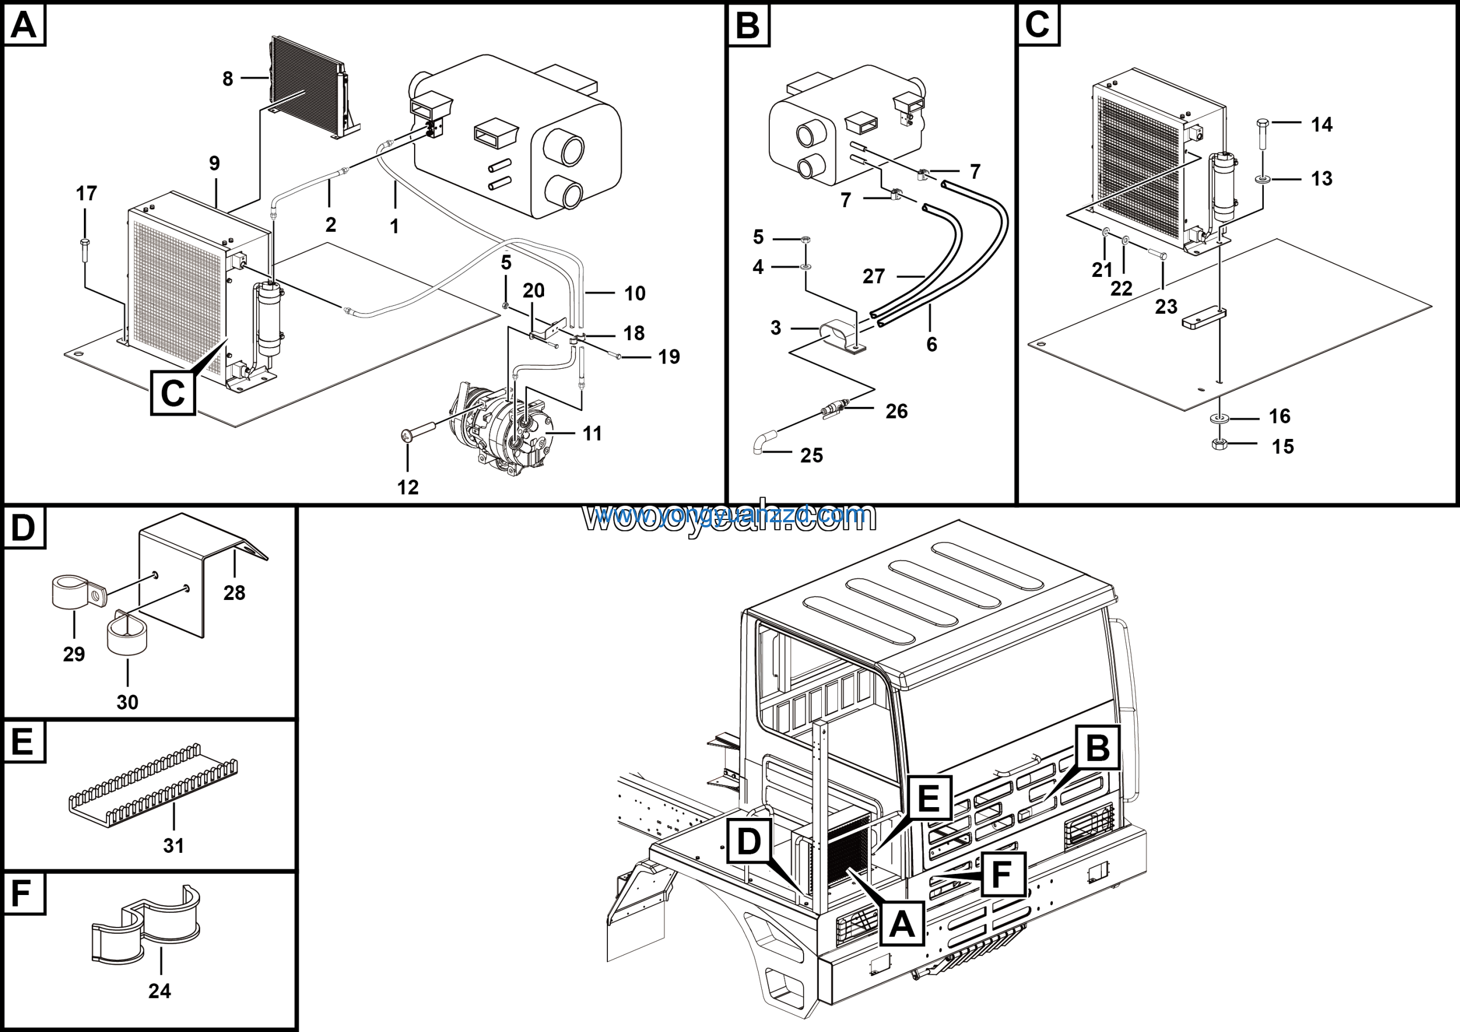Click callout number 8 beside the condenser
point(228,79)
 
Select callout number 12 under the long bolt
point(408,487)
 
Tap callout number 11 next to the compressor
point(592,434)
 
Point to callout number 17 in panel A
point(87,193)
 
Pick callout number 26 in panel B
point(897,412)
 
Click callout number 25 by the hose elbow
point(812,455)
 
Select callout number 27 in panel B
point(874,276)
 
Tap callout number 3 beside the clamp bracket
point(776,328)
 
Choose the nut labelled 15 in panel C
point(1219,444)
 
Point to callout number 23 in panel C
point(1166,307)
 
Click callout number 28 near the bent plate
point(234,593)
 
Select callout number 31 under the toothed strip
point(173,845)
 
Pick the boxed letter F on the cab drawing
point(1002,874)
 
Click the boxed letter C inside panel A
point(173,393)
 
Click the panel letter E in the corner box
point(23,742)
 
